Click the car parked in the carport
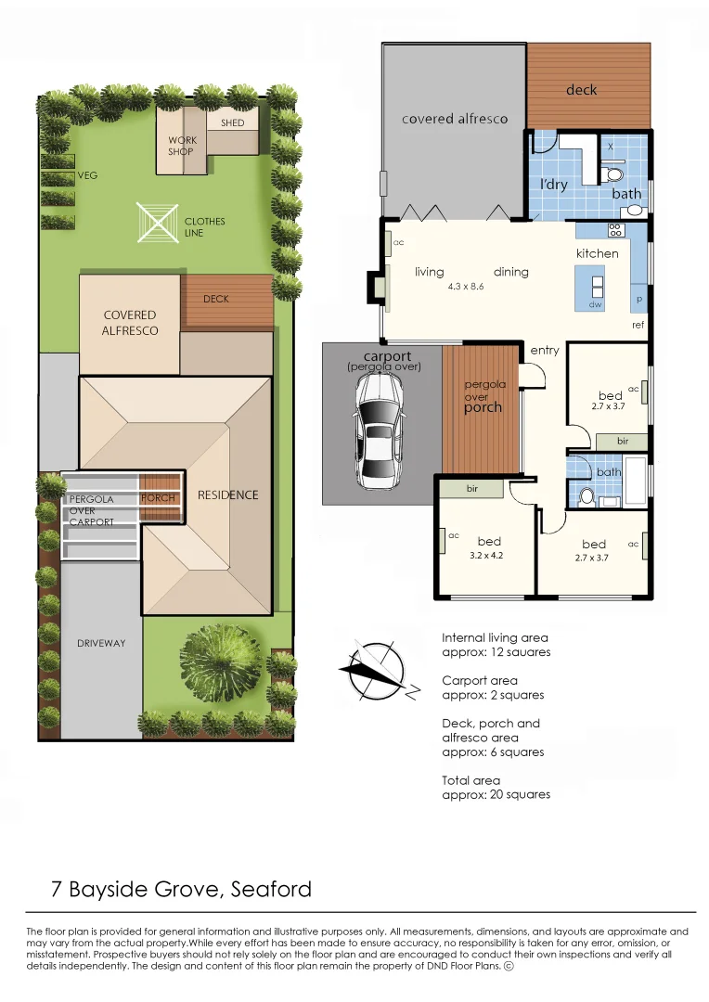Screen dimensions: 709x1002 [x=379, y=431]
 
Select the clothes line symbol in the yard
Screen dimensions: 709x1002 [x=157, y=223]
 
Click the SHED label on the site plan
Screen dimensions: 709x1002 [x=232, y=122]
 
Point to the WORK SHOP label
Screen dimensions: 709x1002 [x=182, y=146]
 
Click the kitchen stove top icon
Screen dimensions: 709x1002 [x=615, y=230]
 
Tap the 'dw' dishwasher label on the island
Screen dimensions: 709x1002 [x=595, y=305]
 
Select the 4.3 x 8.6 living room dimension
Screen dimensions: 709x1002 [x=466, y=287]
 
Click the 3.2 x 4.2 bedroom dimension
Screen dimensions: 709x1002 [x=486, y=556]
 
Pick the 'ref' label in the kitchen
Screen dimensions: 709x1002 [x=638, y=325]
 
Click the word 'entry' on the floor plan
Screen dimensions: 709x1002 [x=544, y=350]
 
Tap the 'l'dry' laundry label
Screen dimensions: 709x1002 [x=554, y=184]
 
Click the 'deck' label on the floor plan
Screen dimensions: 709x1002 [x=581, y=90]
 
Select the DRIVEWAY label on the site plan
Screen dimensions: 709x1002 [x=101, y=643]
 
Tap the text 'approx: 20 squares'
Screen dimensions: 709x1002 [x=496, y=795]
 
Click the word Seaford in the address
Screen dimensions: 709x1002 [x=271, y=889]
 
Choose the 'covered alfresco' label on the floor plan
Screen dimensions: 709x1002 [x=455, y=119]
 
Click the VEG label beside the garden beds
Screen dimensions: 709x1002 [x=87, y=175]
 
